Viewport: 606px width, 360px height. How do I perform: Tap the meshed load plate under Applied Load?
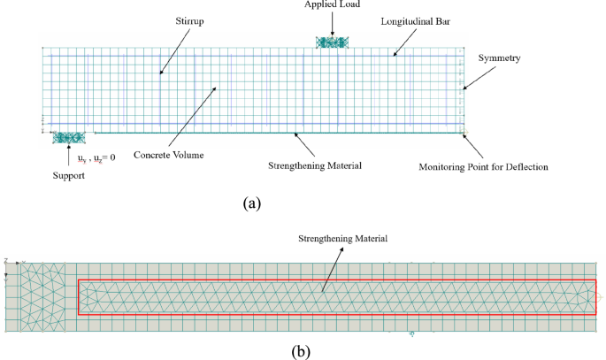pos(334,42)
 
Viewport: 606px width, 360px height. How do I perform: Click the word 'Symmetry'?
pos(499,58)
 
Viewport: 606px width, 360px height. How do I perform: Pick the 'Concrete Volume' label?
pos(168,156)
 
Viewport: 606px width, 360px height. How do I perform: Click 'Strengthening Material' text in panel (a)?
pos(317,165)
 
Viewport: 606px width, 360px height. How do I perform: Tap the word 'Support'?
pos(67,176)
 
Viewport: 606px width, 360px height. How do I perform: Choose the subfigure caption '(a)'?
pos(252,203)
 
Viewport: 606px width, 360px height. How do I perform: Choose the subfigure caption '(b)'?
pos(301,351)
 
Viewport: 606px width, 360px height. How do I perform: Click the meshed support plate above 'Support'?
pos(68,137)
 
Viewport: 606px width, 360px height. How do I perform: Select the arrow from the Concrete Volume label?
pos(189,119)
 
